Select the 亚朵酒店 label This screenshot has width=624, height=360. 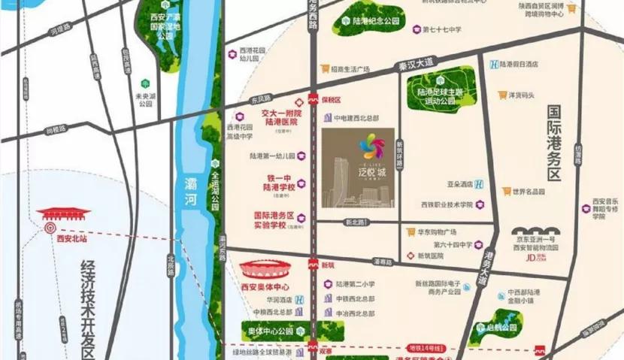pyautogui.click(x=465, y=183)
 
